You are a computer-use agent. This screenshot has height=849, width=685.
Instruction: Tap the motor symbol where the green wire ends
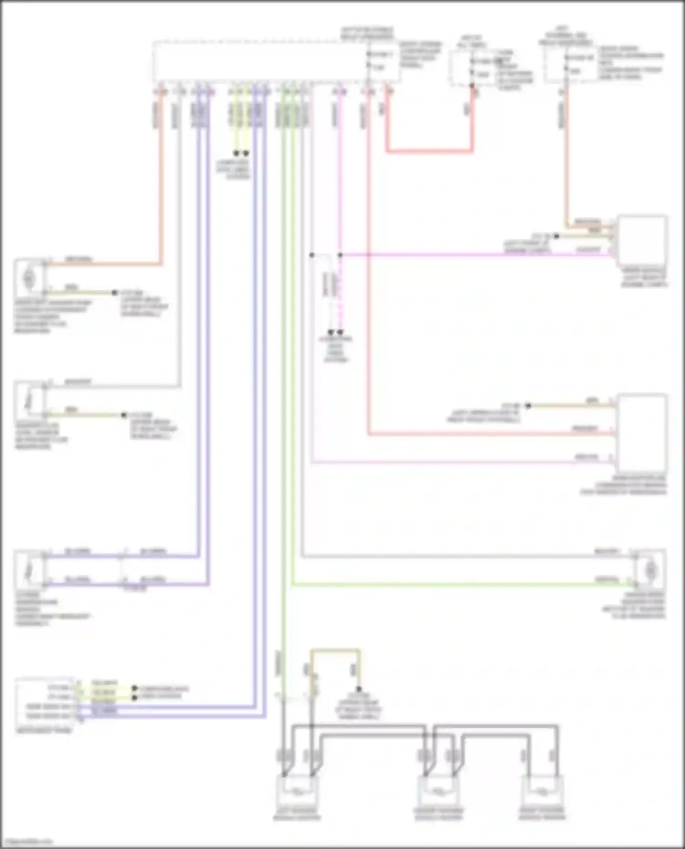[650, 570]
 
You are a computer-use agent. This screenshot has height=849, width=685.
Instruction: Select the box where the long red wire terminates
[641, 432]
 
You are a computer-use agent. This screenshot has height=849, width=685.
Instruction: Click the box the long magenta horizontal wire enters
[641, 241]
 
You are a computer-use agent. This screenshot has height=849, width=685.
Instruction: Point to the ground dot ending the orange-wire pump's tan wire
[115, 292]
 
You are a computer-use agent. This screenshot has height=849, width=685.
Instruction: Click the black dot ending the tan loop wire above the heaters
[359, 689]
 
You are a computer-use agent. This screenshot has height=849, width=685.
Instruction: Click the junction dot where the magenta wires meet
[340, 255]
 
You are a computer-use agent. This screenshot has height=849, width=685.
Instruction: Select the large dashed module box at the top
[276, 62]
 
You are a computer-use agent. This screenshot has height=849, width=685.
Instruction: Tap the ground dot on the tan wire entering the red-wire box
[528, 406]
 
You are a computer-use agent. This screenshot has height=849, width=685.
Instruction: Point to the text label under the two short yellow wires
[233, 169]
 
